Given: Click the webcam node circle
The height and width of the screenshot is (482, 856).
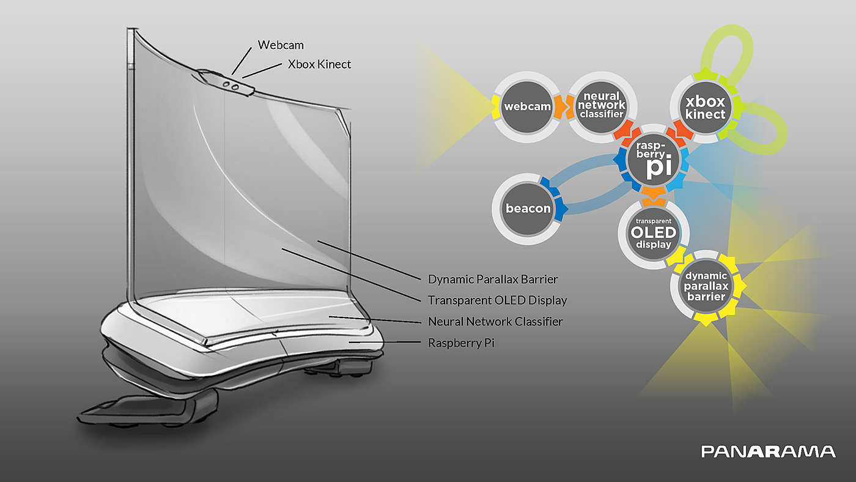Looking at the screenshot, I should [x=526, y=107].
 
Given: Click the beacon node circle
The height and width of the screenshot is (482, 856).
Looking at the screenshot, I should [x=528, y=208].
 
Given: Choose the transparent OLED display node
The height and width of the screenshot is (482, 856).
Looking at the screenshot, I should [x=654, y=232].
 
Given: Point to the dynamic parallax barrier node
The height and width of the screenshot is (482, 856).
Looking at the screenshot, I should [x=705, y=286].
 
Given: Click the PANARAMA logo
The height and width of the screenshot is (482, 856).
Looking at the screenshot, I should [x=768, y=451].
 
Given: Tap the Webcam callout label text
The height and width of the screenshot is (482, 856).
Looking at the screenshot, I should [x=281, y=45].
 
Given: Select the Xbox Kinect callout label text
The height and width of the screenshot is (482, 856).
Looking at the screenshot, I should [x=319, y=64].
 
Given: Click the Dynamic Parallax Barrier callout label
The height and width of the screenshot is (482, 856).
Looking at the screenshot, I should [x=493, y=280].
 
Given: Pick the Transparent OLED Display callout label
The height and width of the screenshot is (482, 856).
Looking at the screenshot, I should [x=497, y=300].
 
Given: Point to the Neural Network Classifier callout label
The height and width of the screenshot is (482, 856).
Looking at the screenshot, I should [x=495, y=321].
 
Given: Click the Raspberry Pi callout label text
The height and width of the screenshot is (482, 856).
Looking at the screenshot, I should [x=461, y=343].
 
